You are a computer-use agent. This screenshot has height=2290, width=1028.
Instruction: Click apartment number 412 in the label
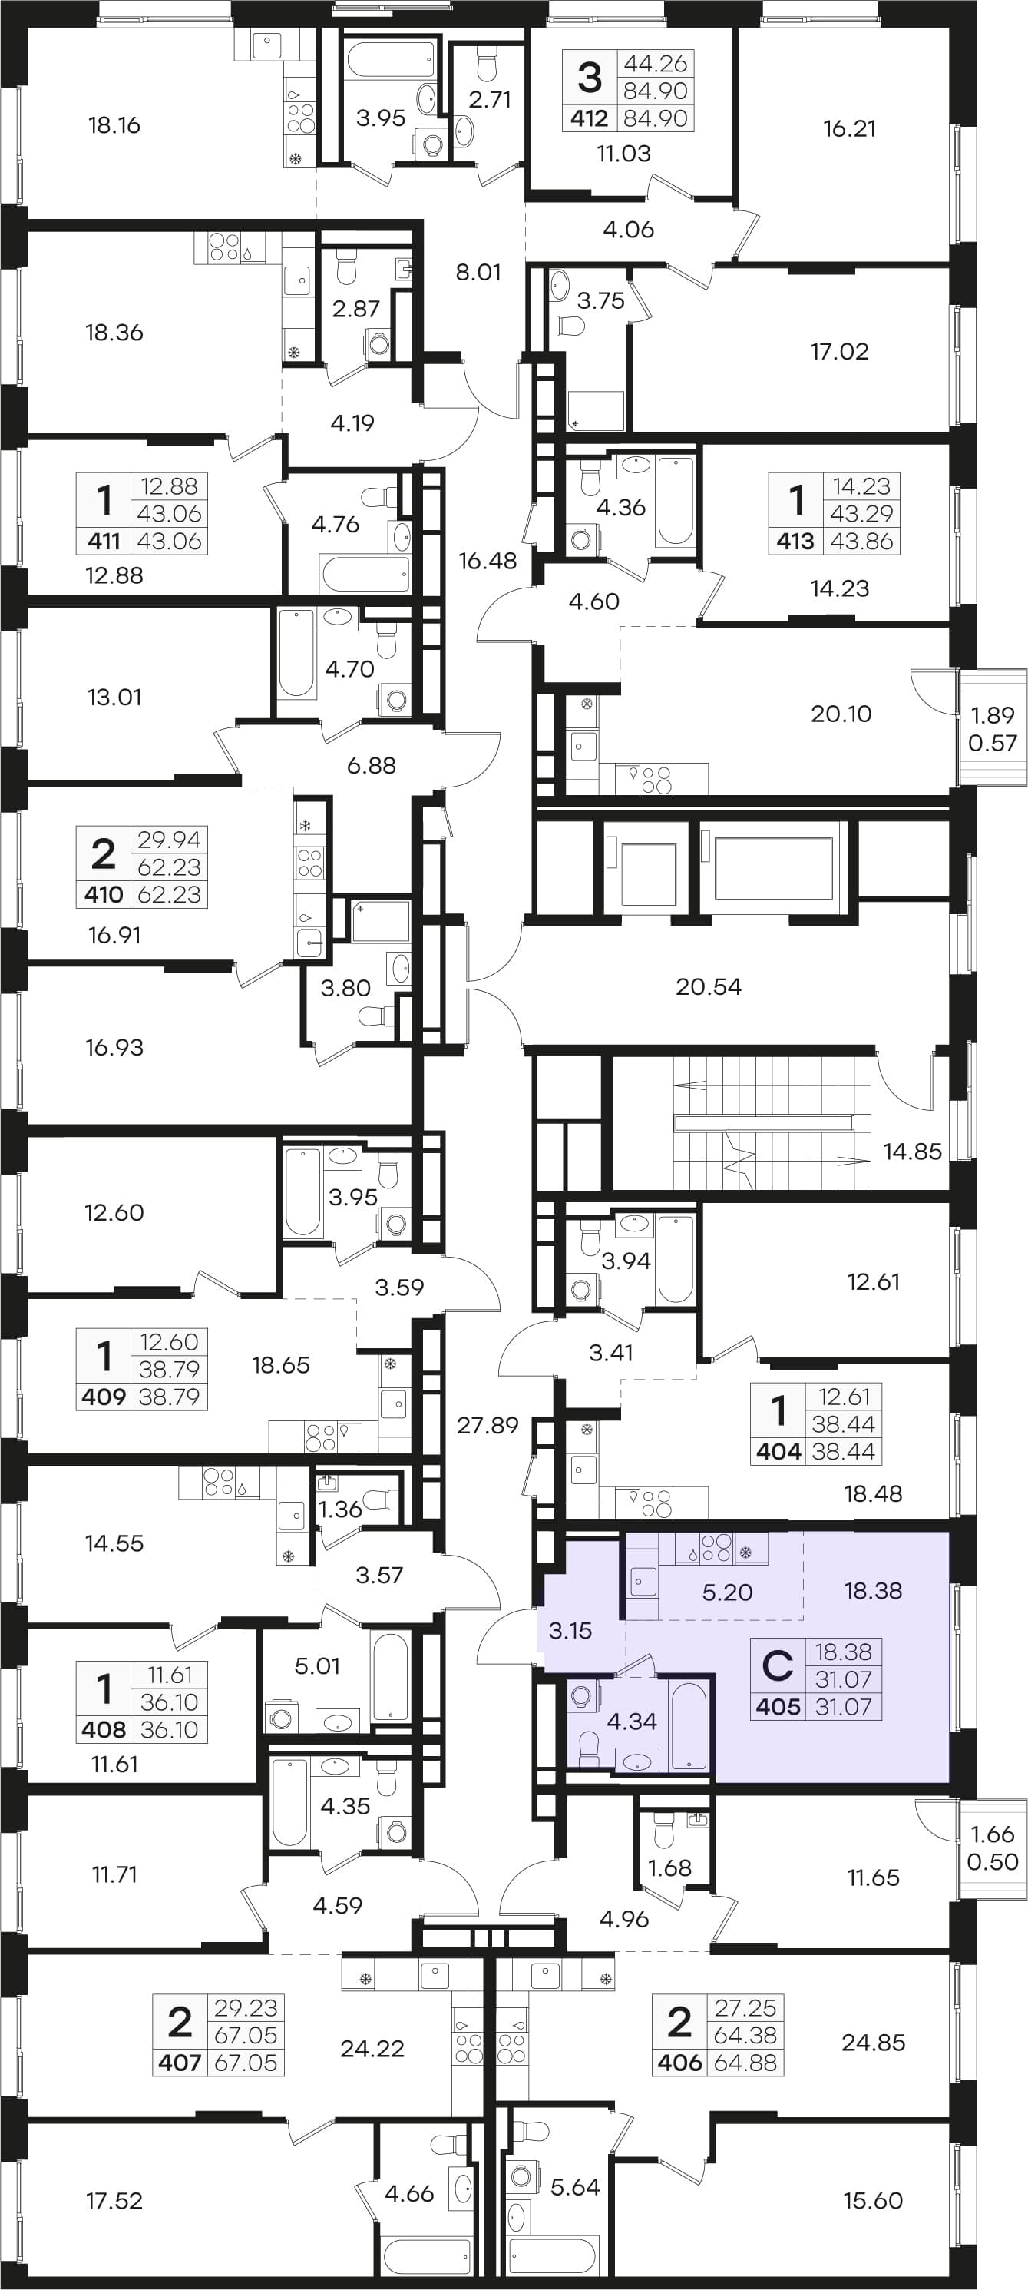(589, 118)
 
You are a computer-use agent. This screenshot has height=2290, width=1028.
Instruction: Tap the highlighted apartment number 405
(778, 1707)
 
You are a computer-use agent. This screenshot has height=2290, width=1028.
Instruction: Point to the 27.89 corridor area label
(487, 1425)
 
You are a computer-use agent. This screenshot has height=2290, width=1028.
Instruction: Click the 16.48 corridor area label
(487, 560)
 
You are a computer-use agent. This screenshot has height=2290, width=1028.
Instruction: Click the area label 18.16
(114, 124)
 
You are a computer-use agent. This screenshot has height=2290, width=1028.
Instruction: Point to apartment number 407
(180, 2063)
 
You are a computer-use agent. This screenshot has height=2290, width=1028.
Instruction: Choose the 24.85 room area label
(874, 2042)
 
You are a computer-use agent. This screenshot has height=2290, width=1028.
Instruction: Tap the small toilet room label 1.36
(340, 1509)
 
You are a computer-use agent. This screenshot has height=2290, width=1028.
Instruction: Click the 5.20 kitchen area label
(727, 1592)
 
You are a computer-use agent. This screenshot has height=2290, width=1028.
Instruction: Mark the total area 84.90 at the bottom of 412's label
(656, 118)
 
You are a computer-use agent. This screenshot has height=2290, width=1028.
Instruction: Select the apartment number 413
(795, 542)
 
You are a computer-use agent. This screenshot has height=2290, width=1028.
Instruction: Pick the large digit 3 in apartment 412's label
(589, 78)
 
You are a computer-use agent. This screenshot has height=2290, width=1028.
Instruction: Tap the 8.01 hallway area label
(478, 272)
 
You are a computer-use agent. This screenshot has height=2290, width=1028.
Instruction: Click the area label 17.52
(114, 2200)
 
